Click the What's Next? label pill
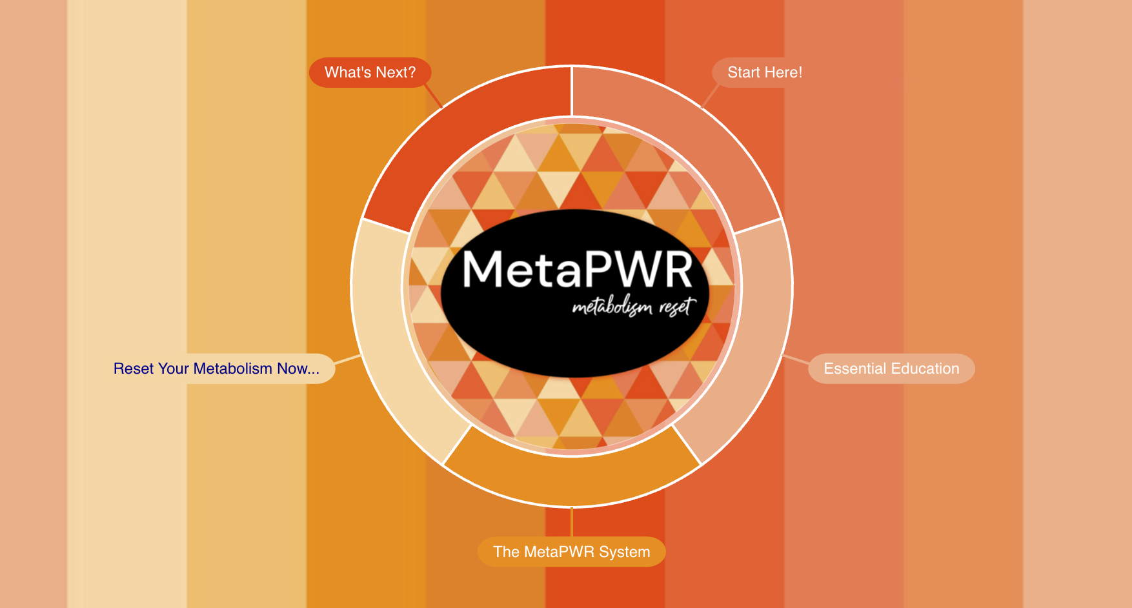pos(370,72)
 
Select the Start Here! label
pos(764,72)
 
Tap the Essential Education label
pos(891,369)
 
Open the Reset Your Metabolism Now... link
pos(216,369)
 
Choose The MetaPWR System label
pos(571,552)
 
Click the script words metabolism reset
pos(634,307)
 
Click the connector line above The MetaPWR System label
pos(572,522)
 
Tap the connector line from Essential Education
pos(795,360)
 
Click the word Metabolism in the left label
pos(232,369)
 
